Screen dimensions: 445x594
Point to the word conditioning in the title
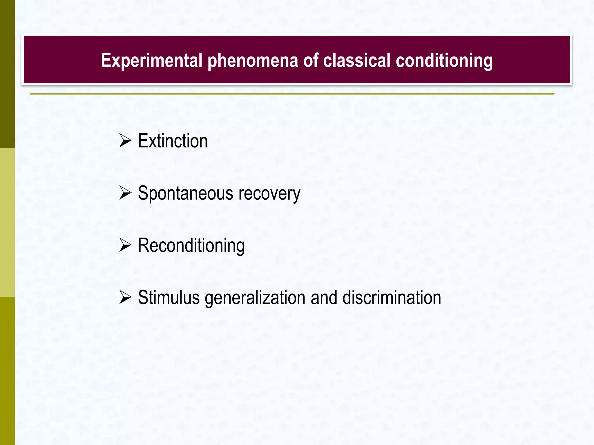click(x=444, y=61)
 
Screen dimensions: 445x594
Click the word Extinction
click(x=173, y=141)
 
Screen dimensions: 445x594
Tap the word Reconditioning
click(x=191, y=246)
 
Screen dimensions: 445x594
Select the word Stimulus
click(x=169, y=298)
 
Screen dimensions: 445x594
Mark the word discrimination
click(x=392, y=298)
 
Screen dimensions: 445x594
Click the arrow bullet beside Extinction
click(x=125, y=141)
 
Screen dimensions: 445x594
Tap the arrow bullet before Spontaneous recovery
click(x=125, y=193)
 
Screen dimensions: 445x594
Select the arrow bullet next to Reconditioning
click(x=125, y=245)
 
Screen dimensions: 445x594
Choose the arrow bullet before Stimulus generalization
click(x=125, y=298)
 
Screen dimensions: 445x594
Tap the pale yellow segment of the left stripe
click(x=7, y=222)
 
